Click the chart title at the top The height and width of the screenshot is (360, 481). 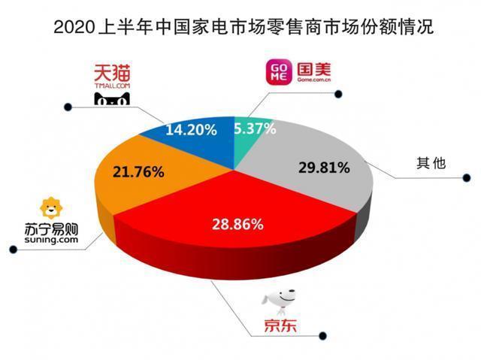pos(240,29)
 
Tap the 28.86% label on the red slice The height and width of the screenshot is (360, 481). pos(238,224)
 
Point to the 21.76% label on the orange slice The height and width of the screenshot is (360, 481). pos(138,172)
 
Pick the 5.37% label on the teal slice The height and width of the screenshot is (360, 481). pos(255,129)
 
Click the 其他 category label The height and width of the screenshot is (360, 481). pos(431,163)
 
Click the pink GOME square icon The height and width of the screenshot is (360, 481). pos(276,74)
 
